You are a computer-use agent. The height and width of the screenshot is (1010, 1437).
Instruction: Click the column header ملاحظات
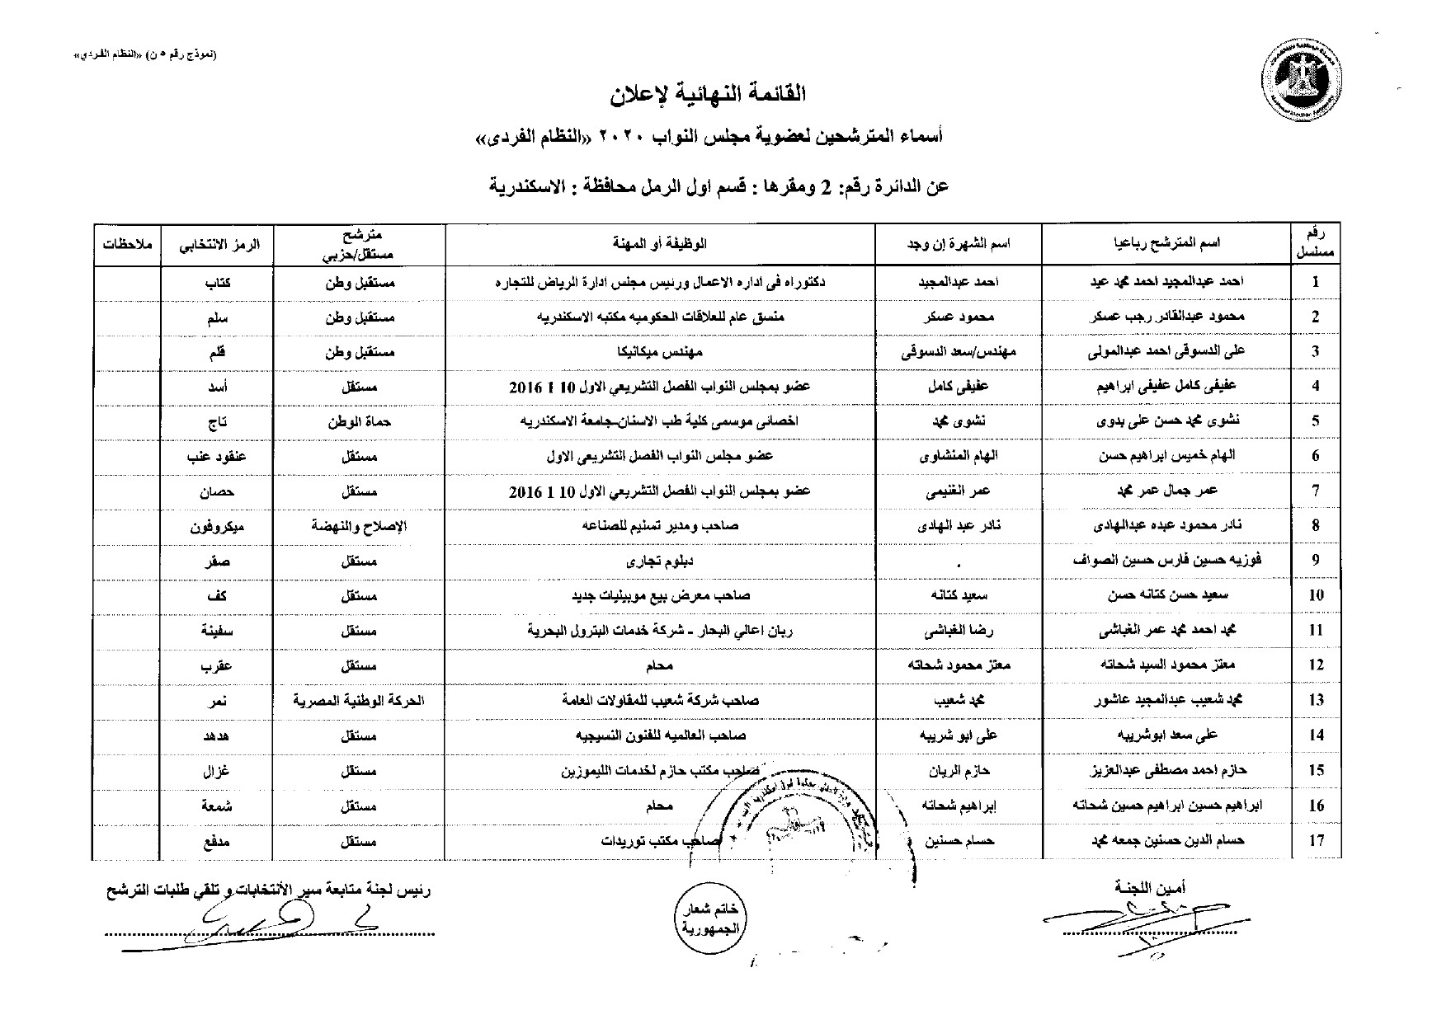[125, 244]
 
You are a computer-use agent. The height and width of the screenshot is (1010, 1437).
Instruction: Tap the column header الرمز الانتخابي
[216, 244]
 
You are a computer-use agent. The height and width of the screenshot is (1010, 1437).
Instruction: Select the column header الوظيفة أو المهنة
[660, 244]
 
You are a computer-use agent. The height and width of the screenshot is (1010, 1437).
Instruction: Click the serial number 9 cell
[1316, 561]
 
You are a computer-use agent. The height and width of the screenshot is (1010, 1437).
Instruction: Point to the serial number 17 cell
[1316, 841]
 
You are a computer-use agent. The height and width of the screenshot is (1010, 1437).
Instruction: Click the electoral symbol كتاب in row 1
[216, 282]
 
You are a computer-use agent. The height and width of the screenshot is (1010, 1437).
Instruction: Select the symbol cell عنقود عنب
[216, 456]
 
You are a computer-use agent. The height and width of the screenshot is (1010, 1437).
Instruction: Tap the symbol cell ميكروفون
[216, 526]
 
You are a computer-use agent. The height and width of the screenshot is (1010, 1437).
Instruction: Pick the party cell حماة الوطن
[359, 421]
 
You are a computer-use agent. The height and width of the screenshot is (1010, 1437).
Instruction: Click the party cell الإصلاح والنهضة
[359, 526]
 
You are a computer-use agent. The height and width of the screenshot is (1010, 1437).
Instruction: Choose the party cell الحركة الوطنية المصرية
[359, 701]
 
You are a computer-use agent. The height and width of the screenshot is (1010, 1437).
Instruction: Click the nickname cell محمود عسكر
[958, 317]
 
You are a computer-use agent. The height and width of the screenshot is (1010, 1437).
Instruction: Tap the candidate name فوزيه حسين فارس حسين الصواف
[1166, 561]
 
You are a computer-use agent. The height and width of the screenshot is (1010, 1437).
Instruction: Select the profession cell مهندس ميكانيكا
[660, 352]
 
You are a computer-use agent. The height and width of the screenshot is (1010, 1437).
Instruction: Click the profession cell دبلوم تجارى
[660, 561]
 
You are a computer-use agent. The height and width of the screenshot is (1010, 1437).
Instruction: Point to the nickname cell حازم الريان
[958, 771]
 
